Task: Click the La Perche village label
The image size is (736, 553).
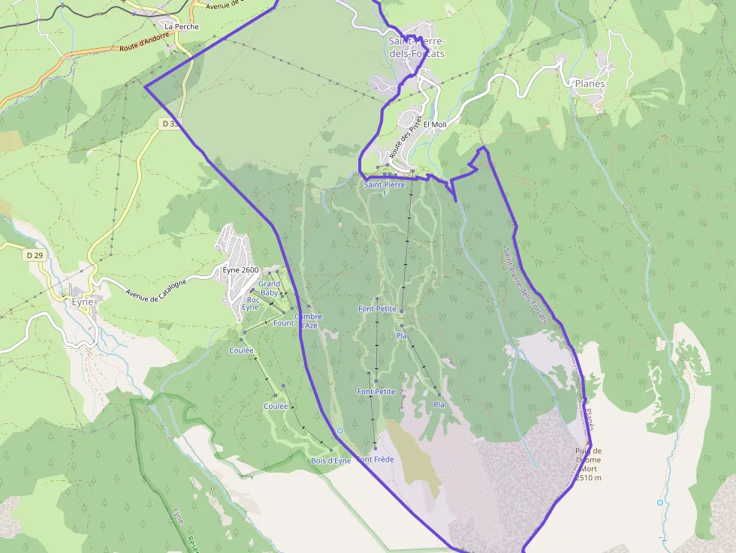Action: [182, 26]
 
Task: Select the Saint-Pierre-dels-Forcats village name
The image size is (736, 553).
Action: [416, 47]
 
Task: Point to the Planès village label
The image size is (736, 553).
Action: [589, 83]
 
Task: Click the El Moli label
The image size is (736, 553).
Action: [435, 125]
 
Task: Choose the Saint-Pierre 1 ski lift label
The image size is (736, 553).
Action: [384, 188]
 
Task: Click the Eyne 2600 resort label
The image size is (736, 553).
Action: [240, 270]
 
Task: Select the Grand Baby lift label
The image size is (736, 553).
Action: [269, 288]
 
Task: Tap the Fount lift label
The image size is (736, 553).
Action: [284, 323]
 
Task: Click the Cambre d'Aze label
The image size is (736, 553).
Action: [308, 321]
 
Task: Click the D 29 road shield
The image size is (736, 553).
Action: [35, 255]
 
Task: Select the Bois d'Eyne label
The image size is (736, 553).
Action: [330, 461]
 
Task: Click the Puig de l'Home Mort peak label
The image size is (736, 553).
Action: [588, 464]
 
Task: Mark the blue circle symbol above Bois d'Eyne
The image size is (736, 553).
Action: [340, 431]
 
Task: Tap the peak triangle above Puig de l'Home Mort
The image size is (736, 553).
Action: [587, 443]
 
